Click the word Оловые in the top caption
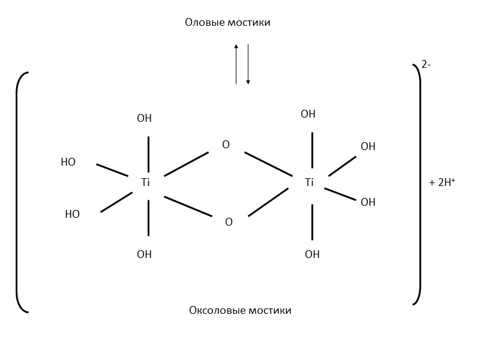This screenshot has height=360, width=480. click(205, 23)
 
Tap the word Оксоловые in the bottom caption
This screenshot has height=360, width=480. click(214, 310)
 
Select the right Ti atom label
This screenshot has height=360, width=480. click(309, 182)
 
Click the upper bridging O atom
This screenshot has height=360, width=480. click(226, 145)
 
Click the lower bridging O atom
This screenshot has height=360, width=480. click(229, 222)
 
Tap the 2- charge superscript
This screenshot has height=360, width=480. click(426, 65)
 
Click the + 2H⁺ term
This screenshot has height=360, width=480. click(442, 183)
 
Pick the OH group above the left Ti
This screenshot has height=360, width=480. click(145, 118)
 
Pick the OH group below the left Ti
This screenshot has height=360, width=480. click(145, 254)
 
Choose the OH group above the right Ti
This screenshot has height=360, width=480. click(308, 114)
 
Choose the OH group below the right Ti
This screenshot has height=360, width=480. click(312, 254)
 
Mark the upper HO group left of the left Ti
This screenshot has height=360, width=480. click(68, 162)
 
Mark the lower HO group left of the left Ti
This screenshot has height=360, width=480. click(72, 214)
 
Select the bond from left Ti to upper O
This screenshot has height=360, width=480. click(186, 164)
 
